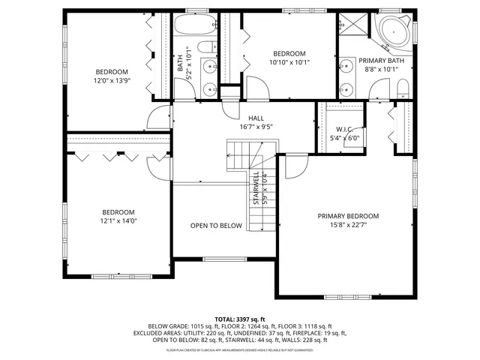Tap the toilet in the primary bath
tap(402, 91)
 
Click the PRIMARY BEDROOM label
tap(348, 216)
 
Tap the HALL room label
tap(256, 118)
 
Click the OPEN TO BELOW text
tap(216, 226)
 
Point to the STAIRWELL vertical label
tap(256, 188)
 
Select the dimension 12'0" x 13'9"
tap(111, 80)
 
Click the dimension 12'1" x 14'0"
tap(118, 220)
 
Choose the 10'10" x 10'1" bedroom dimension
tap(289, 63)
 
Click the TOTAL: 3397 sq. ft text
tap(240, 318)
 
